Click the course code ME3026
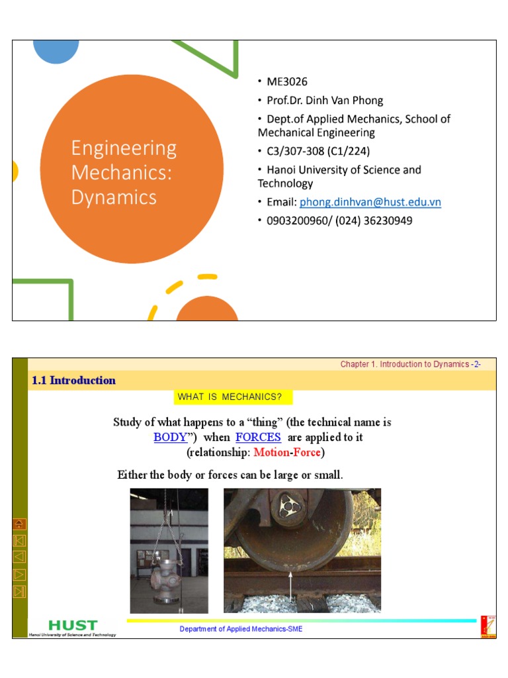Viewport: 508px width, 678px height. pos(286,81)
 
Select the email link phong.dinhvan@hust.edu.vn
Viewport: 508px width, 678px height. pos(370,202)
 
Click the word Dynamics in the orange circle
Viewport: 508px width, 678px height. pos(114,197)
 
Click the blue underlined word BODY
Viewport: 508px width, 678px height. pos(170,438)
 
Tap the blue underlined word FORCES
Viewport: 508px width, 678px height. pos(258,438)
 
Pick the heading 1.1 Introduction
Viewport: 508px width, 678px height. pos(73,381)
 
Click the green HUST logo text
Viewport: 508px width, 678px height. pos(73,625)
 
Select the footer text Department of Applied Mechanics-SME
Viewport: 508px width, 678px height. pos(241,629)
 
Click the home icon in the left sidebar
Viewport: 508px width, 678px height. pos(19,524)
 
